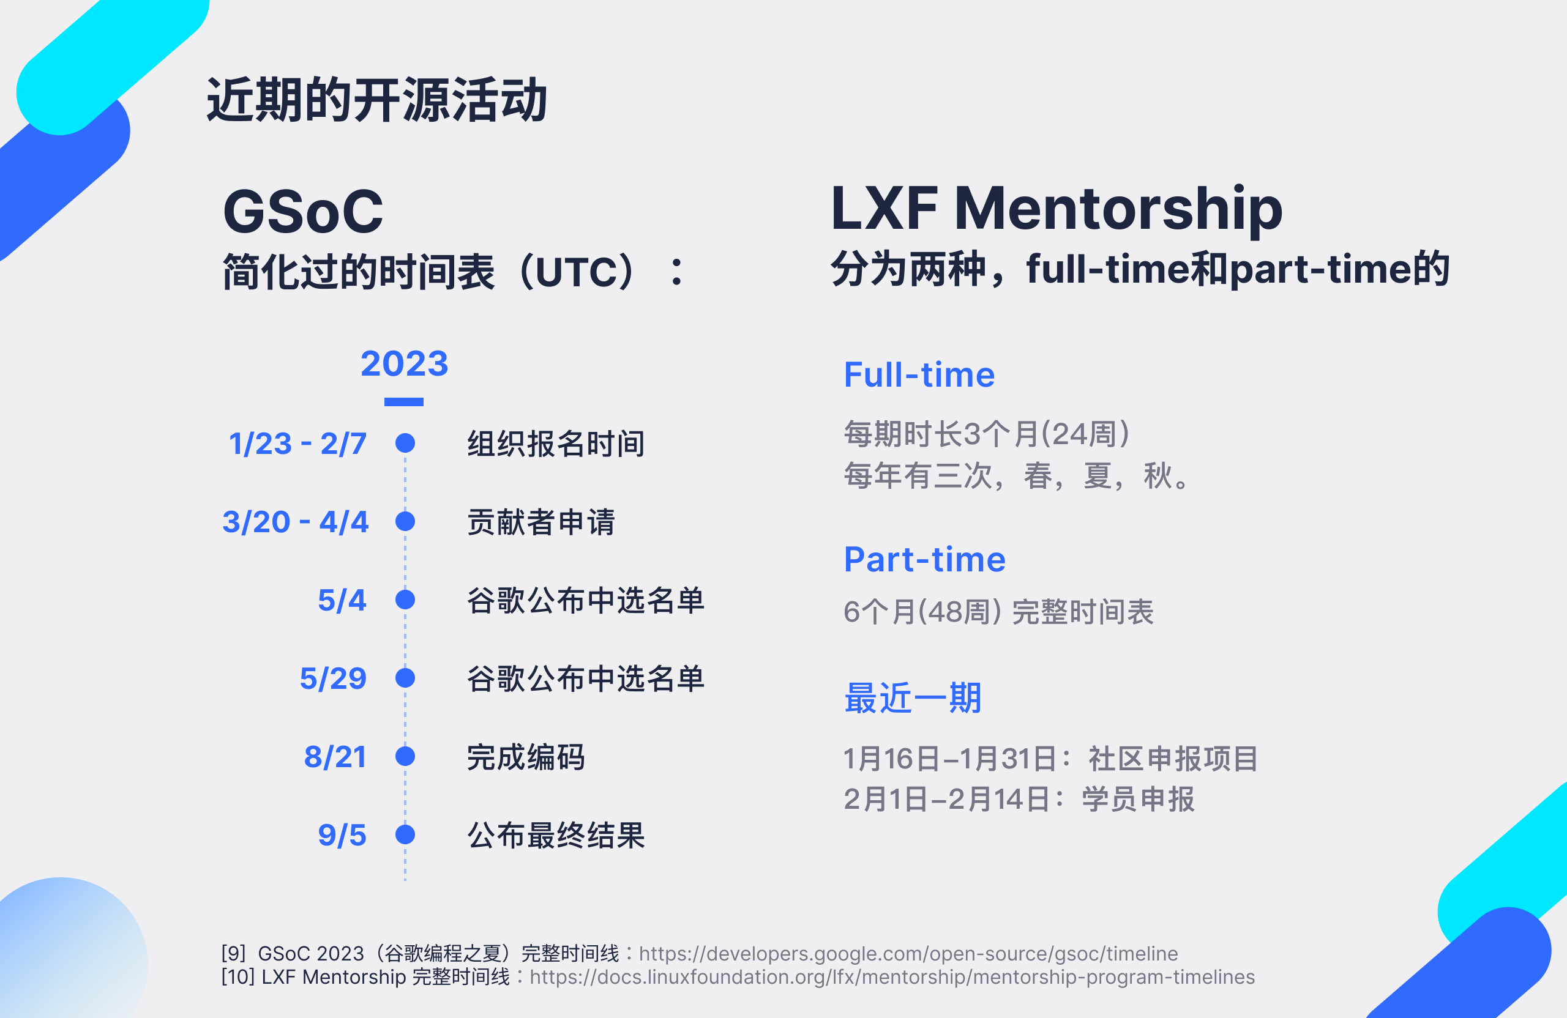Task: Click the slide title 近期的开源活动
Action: (376, 100)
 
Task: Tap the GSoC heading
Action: (303, 211)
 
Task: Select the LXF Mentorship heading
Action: (1056, 209)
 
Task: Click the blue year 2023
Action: (404, 363)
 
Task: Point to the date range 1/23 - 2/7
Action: (297, 444)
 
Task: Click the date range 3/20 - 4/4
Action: (295, 522)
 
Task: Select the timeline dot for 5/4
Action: (405, 600)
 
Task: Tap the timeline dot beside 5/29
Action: (405, 678)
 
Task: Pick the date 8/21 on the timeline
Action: (335, 757)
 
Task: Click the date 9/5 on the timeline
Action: (342, 835)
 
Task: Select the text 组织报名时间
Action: (556, 444)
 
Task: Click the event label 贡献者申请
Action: (541, 522)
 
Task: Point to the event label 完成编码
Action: (526, 757)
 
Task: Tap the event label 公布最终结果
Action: (556, 835)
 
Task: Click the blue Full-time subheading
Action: (919, 374)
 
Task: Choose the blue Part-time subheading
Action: (924, 559)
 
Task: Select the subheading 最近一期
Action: (913, 697)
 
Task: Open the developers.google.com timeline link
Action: (908, 954)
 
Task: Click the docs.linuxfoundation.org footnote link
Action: (892, 977)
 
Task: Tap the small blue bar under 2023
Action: (403, 402)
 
